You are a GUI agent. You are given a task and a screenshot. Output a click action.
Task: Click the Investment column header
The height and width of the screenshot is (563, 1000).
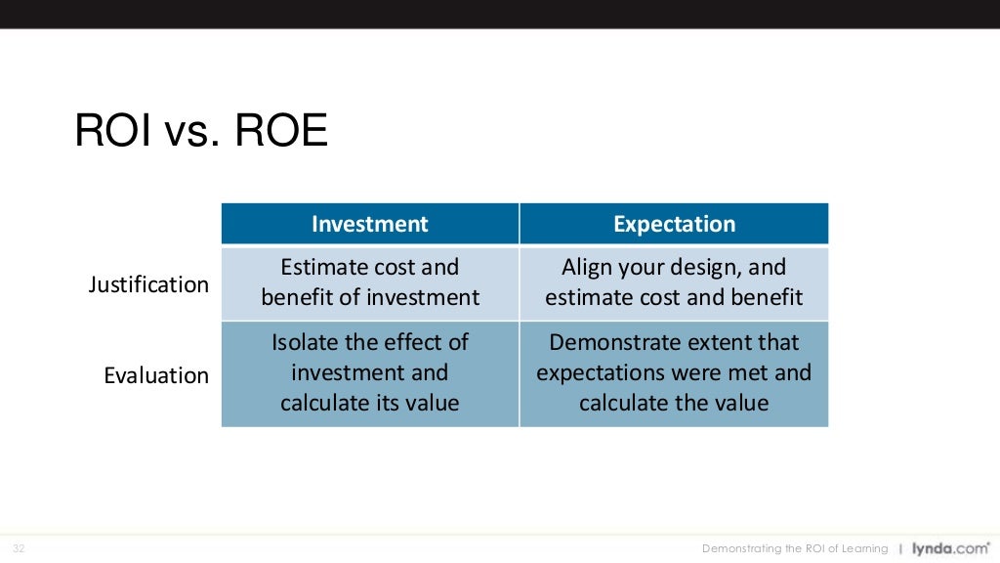coord(369,224)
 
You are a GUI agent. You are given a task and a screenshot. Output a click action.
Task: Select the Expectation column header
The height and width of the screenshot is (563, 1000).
coord(674,224)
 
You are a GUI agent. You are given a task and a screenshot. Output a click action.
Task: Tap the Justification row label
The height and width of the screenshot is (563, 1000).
coord(148,284)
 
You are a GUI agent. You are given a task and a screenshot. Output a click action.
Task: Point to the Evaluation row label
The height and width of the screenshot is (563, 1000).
coord(156,375)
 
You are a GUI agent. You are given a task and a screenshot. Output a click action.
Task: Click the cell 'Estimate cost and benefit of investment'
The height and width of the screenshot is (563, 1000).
coord(370,282)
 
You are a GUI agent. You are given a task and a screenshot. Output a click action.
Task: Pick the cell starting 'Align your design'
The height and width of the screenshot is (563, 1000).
coord(674,282)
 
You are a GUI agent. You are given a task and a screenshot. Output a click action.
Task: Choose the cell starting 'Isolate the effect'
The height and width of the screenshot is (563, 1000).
coord(370,372)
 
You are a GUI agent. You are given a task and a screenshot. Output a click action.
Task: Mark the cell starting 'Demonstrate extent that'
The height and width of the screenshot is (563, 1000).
coord(674,372)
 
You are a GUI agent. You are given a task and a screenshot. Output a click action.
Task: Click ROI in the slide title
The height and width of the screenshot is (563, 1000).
coord(111,131)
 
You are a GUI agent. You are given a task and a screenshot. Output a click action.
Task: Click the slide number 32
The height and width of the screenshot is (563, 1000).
coord(19,548)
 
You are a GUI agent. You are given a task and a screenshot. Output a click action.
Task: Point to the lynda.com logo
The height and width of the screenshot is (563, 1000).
coord(950,548)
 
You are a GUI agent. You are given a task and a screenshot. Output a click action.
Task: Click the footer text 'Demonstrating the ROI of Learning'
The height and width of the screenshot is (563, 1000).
coord(795,548)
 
